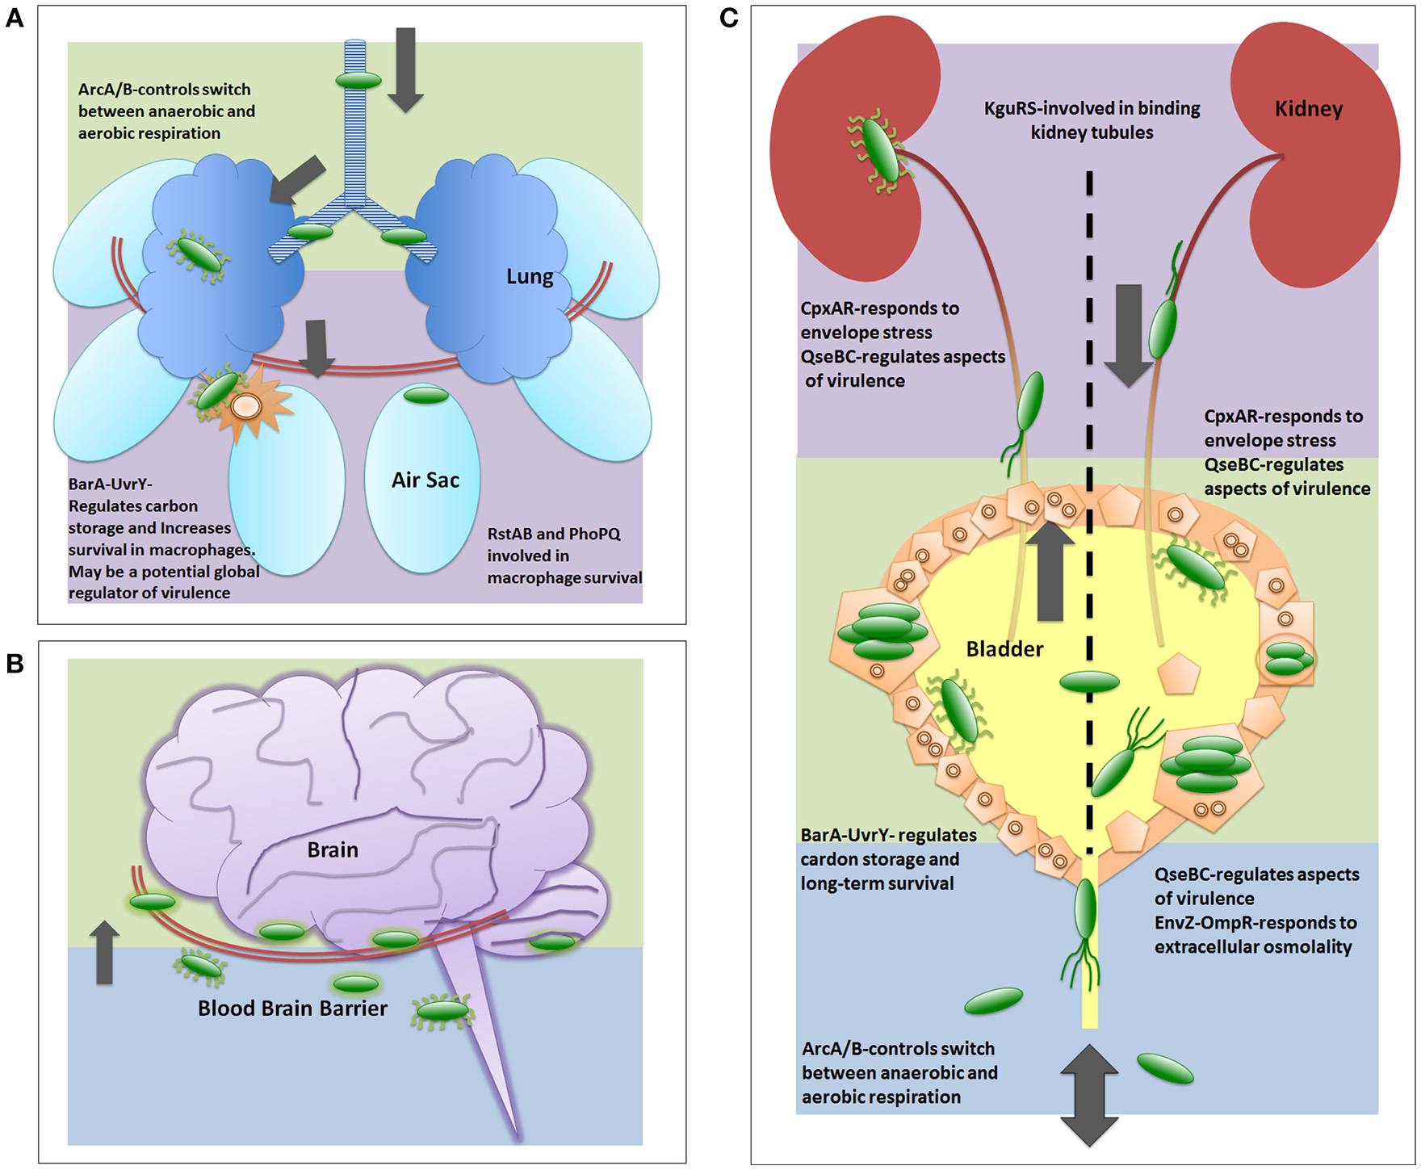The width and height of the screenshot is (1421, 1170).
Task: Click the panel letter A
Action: click(15, 18)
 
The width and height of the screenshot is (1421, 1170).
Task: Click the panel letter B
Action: click(15, 664)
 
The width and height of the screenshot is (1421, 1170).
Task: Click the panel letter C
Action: click(728, 18)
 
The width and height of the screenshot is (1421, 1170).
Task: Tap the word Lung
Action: click(530, 277)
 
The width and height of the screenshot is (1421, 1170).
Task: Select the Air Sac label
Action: click(425, 480)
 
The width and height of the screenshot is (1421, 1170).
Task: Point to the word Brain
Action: click(333, 849)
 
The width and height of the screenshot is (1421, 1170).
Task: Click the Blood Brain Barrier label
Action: click(292, 1009)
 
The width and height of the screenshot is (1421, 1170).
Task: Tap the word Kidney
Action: click(1308, 109)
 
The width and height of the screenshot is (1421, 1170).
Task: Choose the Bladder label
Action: click(1004, 649)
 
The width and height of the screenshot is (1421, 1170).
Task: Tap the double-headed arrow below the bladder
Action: click(1089, 1095)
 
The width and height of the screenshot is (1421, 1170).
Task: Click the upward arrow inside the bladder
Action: click(1050, 570)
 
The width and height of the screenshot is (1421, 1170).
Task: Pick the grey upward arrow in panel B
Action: click(104, 953)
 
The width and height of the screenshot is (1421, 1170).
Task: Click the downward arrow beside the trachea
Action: click(405, 69)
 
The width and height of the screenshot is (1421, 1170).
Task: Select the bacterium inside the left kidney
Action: click(879, 149)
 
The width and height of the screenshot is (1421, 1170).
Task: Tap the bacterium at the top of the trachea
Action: click(358, 80)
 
